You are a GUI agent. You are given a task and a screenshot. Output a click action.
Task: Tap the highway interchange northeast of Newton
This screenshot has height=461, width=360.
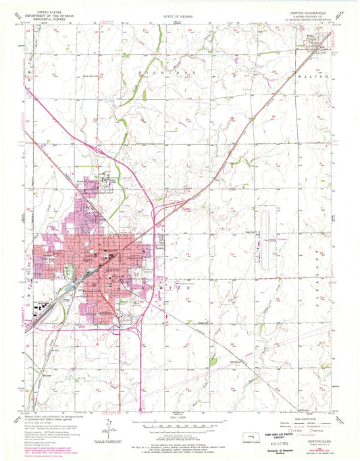pyautogui.click(x=157, y=215)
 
